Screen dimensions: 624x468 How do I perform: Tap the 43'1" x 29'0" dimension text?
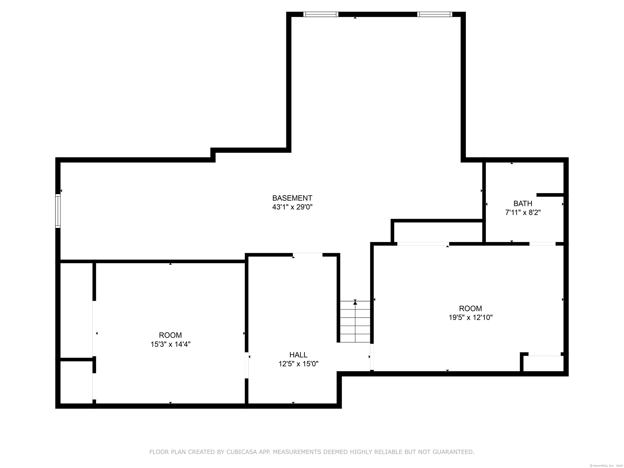pos(292,207)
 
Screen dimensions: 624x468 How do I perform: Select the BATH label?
pos(523,203)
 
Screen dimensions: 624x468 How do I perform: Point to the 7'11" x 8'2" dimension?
pos(523,212)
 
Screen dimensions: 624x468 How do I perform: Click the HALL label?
pos(298,355)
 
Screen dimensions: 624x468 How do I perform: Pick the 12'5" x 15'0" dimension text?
pos(298,364)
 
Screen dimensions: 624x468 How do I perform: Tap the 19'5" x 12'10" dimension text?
pos(470,317)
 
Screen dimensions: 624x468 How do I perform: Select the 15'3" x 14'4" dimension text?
pos(170,344)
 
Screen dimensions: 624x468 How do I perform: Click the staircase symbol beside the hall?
pos(355,321)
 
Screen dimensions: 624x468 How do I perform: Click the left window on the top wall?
pos(321,14)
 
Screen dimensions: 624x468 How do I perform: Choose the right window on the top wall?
pos(435,14)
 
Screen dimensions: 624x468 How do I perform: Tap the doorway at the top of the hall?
pos(308,255)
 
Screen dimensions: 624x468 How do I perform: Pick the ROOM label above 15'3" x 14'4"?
pos(170,335)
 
